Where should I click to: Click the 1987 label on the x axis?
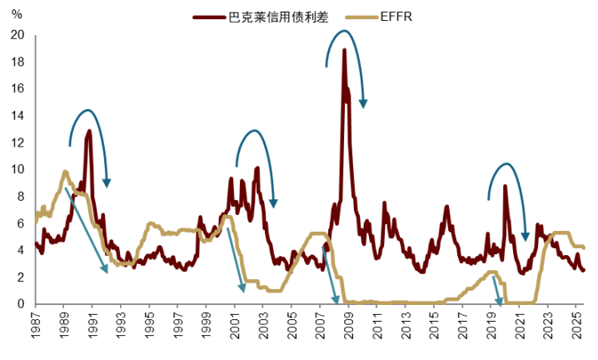35,328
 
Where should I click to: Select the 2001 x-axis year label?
235,328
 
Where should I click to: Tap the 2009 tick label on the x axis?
349,328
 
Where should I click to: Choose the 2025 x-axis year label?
576,328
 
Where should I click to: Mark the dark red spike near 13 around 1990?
89,131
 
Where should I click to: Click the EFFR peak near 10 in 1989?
65,172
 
